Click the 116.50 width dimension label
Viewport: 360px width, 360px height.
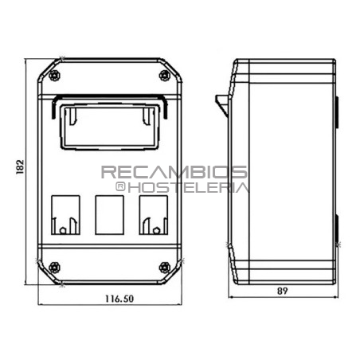(118, 299)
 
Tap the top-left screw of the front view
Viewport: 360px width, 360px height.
(53, 76)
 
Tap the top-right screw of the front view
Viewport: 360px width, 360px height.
(165, 76)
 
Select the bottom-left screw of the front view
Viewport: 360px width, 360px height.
(53, 266)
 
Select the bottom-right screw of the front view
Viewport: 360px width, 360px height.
(165, 266)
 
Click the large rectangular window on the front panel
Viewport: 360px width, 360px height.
(108, 124)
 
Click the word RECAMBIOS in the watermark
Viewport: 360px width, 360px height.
(174, 172)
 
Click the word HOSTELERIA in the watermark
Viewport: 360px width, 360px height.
(188, 188)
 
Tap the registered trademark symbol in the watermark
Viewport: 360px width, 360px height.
(120, 187)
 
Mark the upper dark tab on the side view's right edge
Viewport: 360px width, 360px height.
(335, 112)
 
